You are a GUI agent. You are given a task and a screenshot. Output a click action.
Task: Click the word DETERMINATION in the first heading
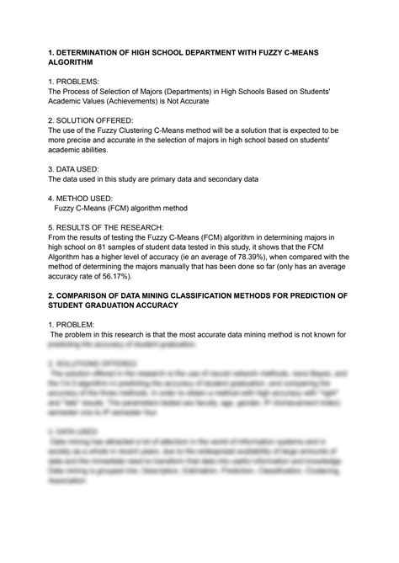click(102, 52)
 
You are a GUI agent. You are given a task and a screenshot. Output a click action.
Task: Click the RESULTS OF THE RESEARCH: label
click(117, 227)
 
